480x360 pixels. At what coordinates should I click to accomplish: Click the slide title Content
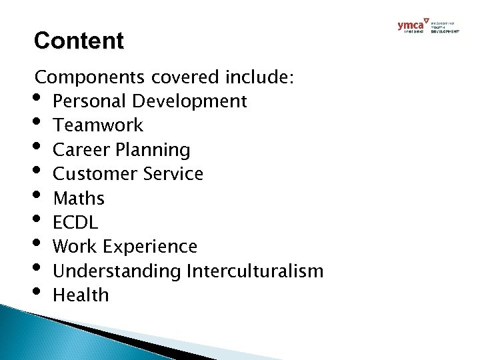[x=79, y=41]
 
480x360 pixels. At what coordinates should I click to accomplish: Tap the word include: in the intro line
[x=255, y=77]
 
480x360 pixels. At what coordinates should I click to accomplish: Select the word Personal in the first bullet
[x=90, y=101]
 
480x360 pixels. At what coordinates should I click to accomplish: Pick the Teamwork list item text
[x=97, y=125]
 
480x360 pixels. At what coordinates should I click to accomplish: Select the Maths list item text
[x=79, y=198]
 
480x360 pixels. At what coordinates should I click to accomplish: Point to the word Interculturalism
[x=255, y=271]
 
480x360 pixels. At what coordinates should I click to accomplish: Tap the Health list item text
[x=80, y=295]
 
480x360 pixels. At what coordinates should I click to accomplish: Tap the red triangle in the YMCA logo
[x=427, y=22]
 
